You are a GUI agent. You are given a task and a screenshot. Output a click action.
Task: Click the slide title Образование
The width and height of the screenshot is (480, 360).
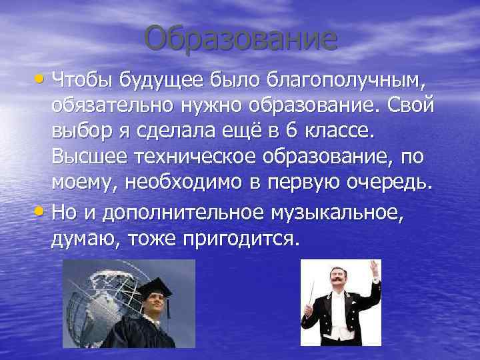click(240, 39)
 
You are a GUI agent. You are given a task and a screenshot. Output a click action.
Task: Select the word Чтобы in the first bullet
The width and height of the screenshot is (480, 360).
click(83, 81)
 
